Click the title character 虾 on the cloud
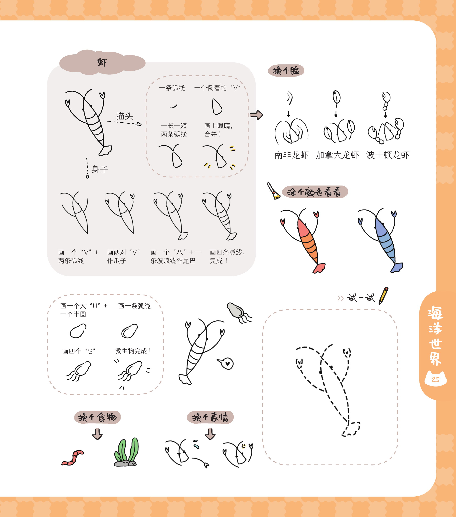click(x=102, y=62)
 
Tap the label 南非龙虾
click(x=291, y=155)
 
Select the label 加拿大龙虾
click(x=337, y=155)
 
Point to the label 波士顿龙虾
click(x=388, y=155)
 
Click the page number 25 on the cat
click(x=436, y=379)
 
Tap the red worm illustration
click(x=73, y=458)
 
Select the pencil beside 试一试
click(x=383, y=296)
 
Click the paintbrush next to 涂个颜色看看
click(x=273, y=191)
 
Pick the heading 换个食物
click(x=97, y=417)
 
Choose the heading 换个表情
click(x=210, y=417)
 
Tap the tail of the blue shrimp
click(x=397, y=268)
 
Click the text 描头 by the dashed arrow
click(x=125, y=116)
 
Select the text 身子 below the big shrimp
click(x=100, y=169)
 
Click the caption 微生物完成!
click(x=133, y=351)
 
